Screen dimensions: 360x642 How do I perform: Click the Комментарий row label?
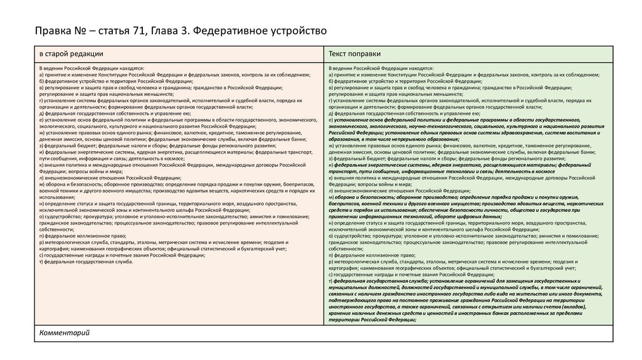click(x=65, y=332)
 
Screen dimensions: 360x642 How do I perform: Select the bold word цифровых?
click(x=461, y=216)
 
